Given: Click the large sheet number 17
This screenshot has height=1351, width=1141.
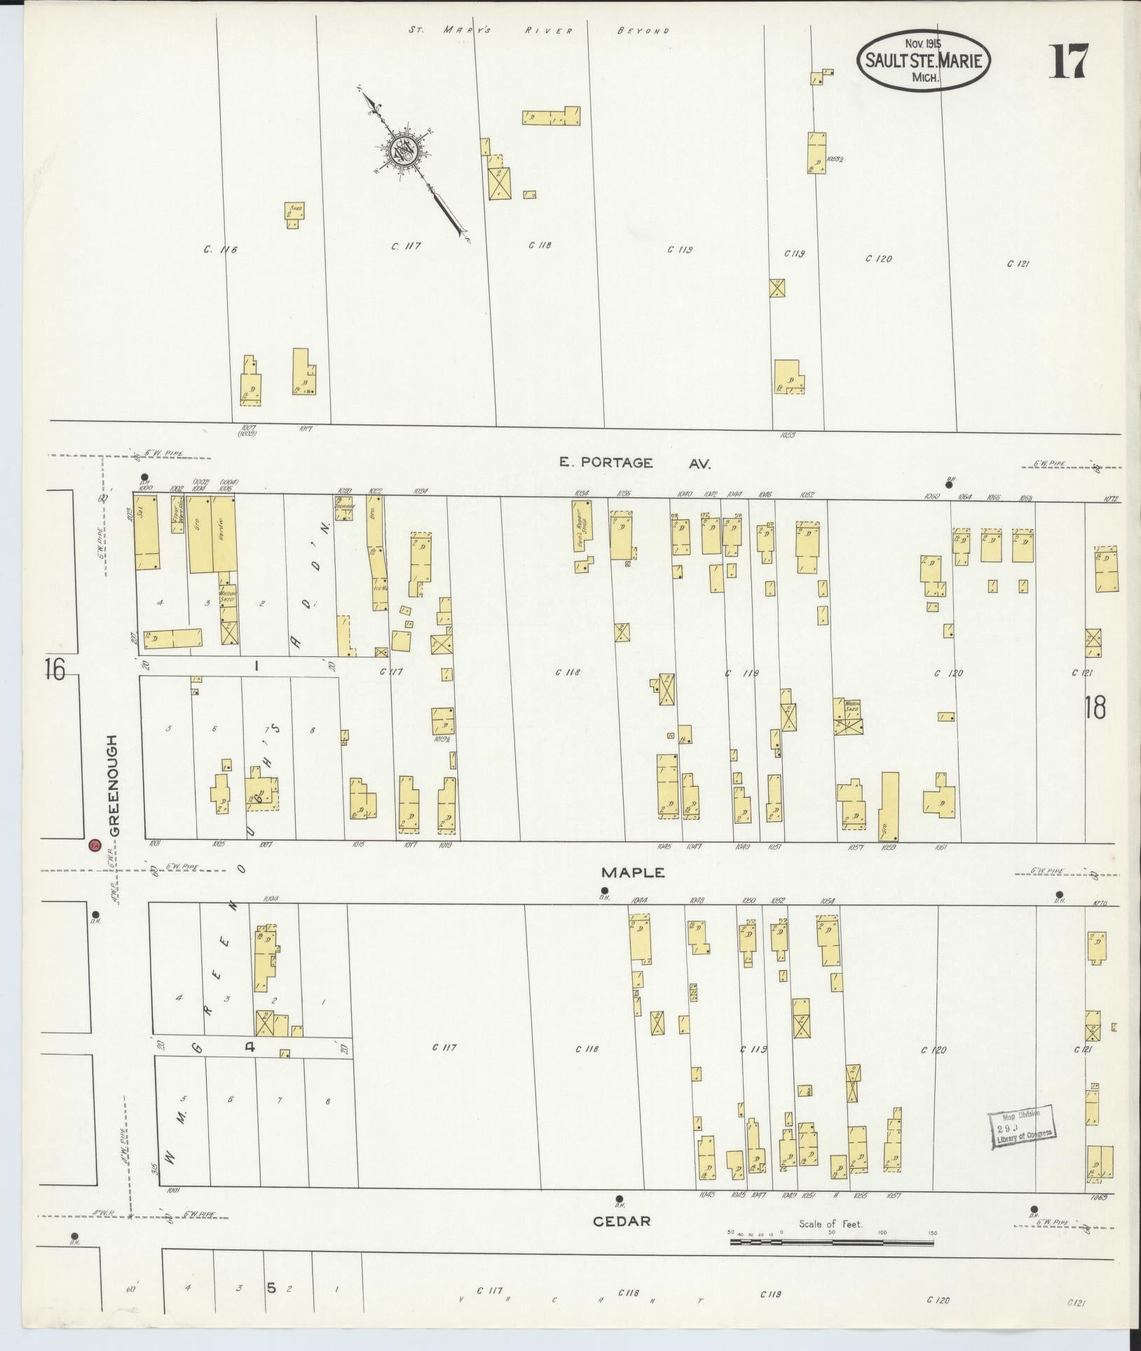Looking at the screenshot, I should tap(1068, 61).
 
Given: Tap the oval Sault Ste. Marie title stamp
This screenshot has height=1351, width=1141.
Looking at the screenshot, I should tap(923, 62).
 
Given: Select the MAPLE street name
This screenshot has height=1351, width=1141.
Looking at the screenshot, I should tap(632, 873).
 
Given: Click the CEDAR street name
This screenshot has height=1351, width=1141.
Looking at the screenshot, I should tap(622, 1221).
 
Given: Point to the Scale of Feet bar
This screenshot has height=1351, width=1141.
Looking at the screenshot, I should tap(832, 1242).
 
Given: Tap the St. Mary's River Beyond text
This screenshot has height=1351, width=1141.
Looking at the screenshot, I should tap(538, 31).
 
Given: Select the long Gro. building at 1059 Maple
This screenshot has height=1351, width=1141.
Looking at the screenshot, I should tap(889, 806).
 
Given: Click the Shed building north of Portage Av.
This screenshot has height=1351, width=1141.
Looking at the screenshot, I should tap(294, 215).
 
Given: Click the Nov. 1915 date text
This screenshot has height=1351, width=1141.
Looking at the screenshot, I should tap(923, 43).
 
